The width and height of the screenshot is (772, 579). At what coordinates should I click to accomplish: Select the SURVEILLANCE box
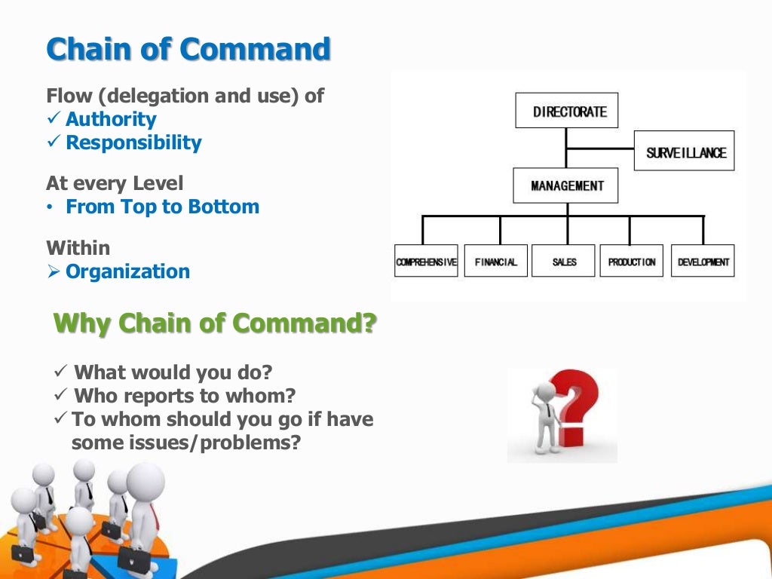point(684,152)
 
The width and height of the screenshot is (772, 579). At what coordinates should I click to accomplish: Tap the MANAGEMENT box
point(565,185)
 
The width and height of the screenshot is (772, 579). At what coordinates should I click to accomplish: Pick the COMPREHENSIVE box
point(426,262)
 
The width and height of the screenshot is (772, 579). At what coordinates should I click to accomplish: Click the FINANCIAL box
point(495,262)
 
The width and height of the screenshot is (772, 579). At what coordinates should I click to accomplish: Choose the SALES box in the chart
point(564,262)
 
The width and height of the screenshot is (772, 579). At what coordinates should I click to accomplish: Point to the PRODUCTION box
point(632,262)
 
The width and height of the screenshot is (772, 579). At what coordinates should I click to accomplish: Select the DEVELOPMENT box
point(702,262)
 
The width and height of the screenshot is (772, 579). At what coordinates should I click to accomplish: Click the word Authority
point(111,119)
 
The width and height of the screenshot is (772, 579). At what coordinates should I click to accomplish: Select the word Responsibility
point(133,142)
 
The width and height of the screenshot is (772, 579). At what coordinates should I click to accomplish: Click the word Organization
point(127,271)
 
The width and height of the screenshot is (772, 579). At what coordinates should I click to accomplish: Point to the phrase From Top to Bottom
point(162,207)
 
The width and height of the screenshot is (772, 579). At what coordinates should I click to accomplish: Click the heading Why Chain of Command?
point(215,323)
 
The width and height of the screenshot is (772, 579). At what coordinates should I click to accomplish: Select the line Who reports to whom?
point(185,395)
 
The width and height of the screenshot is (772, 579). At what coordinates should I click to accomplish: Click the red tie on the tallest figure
point(153,516)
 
